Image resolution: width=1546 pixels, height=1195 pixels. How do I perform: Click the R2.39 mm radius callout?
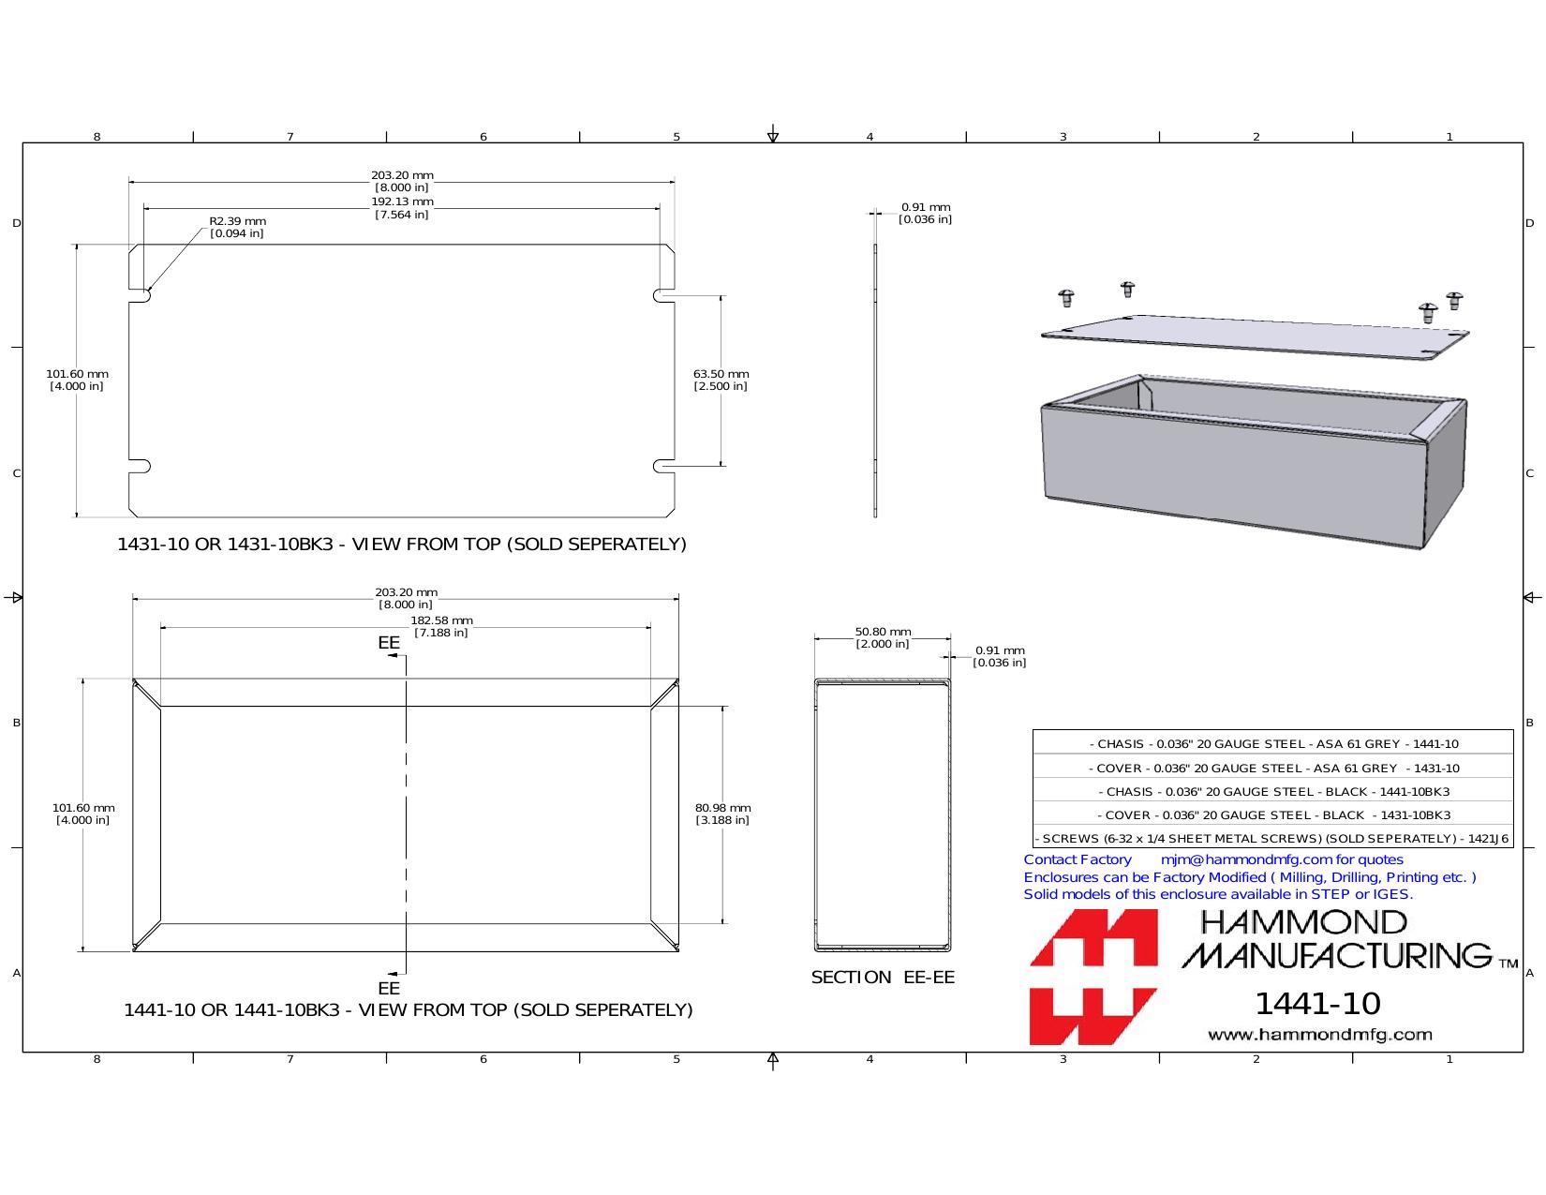coord(237,227)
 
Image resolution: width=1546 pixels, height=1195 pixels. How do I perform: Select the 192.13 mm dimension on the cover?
coord(402,208)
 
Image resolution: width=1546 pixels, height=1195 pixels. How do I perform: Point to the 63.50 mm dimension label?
coord(721,381)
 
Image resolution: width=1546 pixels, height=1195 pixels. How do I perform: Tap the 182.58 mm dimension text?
coord(441,626)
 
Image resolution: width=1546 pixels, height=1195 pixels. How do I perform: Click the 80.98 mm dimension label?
coord(722,814)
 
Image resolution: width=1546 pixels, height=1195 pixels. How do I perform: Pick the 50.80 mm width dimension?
coord(883,637)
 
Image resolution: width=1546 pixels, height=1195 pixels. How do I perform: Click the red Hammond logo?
coord(1093,977)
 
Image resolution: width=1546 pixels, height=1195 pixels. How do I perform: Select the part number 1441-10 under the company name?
coord(1317,1004)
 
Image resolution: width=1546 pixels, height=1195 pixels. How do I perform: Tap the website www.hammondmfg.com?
coord(1320,1035)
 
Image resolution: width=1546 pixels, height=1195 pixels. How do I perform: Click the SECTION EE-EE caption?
coord(883,978)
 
